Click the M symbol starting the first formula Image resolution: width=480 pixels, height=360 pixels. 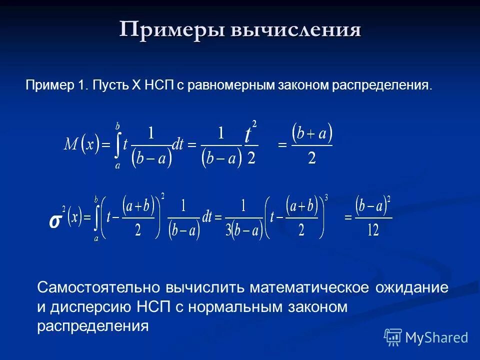click(x=70, y=145)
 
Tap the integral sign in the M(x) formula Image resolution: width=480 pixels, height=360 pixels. click(x=118, y=145)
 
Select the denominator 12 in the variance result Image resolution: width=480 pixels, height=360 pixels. click(x=372, y=230)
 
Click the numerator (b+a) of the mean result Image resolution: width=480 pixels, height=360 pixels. click(x=312, y=133)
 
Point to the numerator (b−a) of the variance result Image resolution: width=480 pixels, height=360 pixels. click(x=372, y=205)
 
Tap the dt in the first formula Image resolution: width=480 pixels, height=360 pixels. click(x=177, y=145)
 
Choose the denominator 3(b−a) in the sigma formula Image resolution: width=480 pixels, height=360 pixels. click(x=243, y=229)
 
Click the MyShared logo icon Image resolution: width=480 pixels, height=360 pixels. click(x=393, y=337)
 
